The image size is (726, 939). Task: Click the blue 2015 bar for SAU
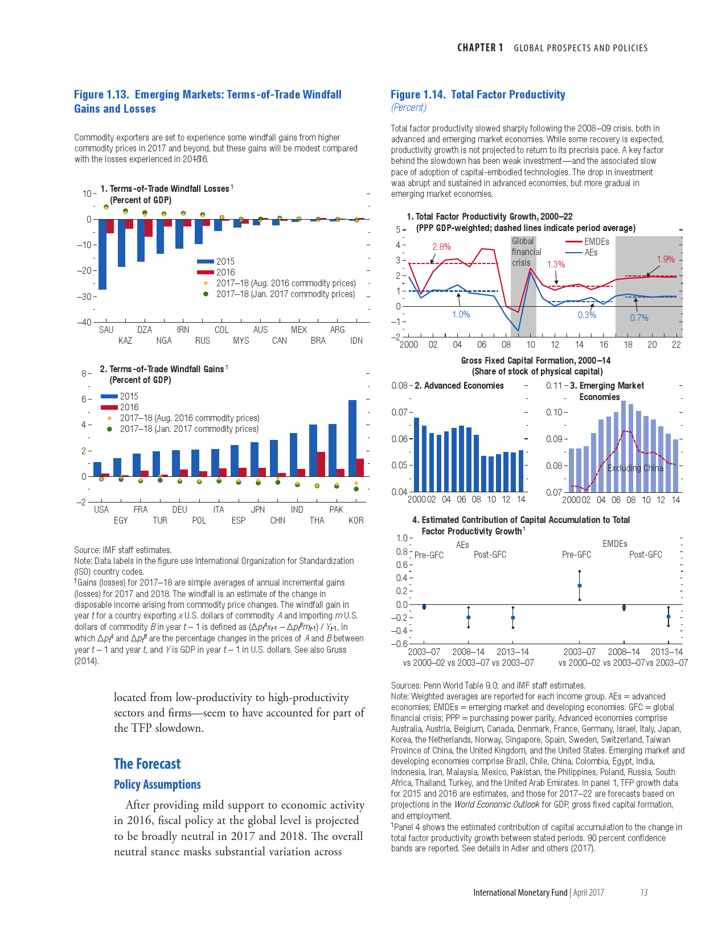[102, 254]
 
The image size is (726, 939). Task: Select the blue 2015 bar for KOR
[352, 438]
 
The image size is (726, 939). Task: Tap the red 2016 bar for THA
[321, 464]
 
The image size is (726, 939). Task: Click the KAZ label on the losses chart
[125, 341]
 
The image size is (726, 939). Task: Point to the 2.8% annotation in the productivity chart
[441, 246]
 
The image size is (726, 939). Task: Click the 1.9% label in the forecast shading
[666, 259]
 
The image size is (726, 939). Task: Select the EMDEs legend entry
[596, 241]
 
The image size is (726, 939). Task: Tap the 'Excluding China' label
[635, 468]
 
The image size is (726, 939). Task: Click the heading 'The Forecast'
[147, 764]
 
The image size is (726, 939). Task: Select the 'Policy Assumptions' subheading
[157, 784]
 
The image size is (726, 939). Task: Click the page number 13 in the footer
[644, 892]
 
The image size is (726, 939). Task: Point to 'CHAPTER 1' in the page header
[480, 48]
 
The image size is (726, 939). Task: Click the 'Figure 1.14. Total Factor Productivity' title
[478, 94]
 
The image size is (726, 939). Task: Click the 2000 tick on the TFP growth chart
[409, 344]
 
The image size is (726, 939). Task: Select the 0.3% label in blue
[587, 315]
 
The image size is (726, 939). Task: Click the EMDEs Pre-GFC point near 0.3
[580, 586]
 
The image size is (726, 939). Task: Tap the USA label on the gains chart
[101, 509]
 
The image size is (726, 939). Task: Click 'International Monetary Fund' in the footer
[520, 892]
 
